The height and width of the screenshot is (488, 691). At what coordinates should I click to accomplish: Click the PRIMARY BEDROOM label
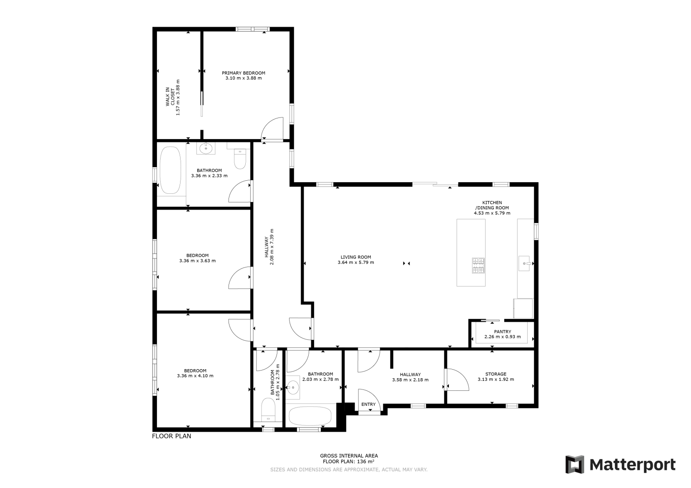click(243, 73)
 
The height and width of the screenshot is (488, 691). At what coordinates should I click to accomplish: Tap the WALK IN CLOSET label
click(170, 97)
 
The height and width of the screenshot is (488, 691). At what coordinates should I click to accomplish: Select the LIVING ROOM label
click(356, 257)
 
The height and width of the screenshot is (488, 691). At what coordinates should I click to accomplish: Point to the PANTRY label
click(502, 332)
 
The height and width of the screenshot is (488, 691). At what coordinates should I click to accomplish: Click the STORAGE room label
click(496, 374)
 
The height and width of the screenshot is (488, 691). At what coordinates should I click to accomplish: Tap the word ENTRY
click(368, 404)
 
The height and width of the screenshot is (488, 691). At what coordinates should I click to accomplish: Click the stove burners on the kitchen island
click(478, 266)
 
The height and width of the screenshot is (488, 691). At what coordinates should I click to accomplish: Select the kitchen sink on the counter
click(524, 263)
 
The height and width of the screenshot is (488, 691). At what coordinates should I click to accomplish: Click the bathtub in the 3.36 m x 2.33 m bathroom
click(170, 170)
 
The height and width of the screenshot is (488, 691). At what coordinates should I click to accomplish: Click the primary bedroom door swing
click(272, 128)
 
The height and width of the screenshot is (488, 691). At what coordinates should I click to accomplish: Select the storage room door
click(457, 380)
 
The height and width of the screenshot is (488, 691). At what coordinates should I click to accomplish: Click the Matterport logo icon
click(575, 465)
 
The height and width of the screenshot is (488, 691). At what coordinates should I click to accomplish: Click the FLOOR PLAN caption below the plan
click(172, 436)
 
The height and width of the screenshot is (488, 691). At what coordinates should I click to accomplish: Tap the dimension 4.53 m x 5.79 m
click(492, 213)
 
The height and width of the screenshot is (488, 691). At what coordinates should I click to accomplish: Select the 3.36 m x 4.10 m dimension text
click(195, 375)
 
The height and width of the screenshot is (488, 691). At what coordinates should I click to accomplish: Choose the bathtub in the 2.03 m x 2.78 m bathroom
click(310, 416)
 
